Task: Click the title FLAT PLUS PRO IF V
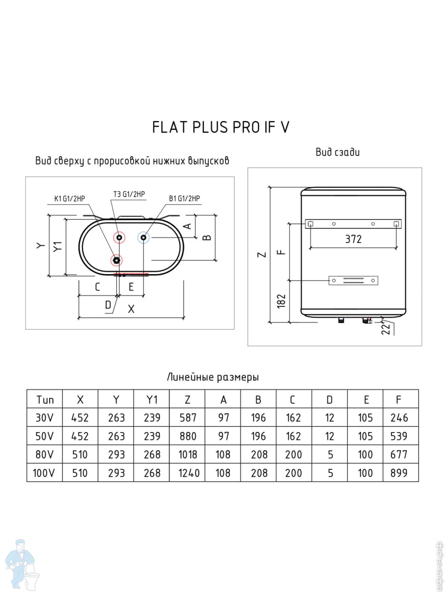tap(221, 127)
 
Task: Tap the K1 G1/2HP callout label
tap(70, 199)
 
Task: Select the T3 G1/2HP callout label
tap(129, 194)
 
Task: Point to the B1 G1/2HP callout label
tap(184, 199)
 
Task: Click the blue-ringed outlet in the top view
tap(144, 238)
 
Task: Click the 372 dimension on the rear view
tap(353, 239)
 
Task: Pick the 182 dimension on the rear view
tap(282, 300)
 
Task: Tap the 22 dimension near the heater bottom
tap(385, 328)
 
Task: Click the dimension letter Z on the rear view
tap(263, 255)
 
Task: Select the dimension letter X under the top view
tap(131, 309)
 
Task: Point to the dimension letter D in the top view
tap(108, 305)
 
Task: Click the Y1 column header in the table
tap(151, 399)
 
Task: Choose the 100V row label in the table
tap(45, 473)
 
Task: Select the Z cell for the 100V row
tap(188, 473)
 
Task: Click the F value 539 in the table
tap(400, 436)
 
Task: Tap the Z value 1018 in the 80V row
tap(188, 454)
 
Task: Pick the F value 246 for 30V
tap(400, 418)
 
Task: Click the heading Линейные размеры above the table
tap(213, 377)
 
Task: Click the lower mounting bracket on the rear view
tap(354, 281)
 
